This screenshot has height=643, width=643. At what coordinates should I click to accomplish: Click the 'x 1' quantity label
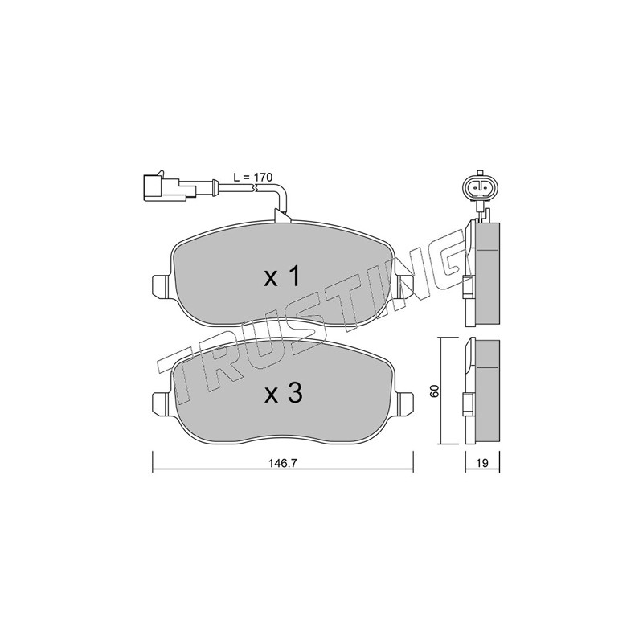click(x=283, y=277)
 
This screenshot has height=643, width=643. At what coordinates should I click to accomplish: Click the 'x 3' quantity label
click(x=284, y=394)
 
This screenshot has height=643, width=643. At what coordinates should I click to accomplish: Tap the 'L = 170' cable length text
click(x=253, y=178)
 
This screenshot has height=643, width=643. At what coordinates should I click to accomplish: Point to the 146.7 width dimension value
click(x=283, y=463)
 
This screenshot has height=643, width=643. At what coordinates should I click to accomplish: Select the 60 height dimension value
click(x=436, y=391)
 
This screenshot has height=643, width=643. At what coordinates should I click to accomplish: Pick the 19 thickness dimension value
click(x=483, y=464)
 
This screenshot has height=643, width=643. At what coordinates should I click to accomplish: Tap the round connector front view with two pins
click(x=479, y=188)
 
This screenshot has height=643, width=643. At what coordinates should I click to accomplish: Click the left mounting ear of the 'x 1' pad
click(x=160, y=285)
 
